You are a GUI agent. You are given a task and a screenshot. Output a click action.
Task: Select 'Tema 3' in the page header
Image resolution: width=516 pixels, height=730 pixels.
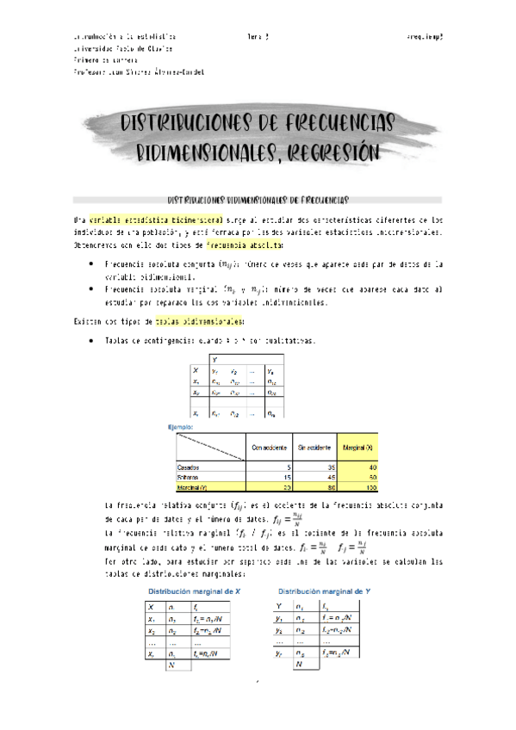pos(258,38)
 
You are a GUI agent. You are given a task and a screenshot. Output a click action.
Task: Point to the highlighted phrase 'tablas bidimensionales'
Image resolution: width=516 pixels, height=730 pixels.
pos(188,321)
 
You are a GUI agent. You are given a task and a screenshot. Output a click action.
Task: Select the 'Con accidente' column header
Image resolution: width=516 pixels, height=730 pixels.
pos(270,447)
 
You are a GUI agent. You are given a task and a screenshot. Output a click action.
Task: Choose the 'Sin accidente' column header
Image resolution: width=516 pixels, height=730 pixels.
pos(314,447)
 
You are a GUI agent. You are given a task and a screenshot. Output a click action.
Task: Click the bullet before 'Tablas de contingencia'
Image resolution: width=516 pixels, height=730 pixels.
pos(91,342)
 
